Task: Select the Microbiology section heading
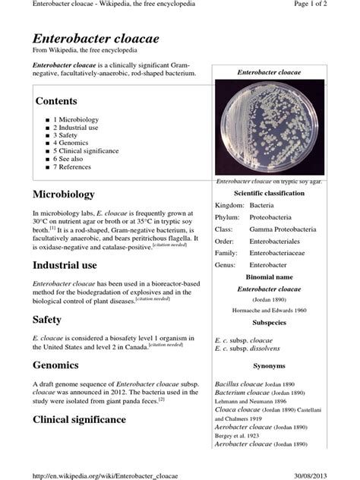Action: pyautogui.click(x=63, y=194)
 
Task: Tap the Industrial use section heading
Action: pyautogui.click(x=65, y=265)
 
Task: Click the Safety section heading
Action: pyautogui.click(x=47, y=320)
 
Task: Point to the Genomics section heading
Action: pyautogui.click(x=55, y=365)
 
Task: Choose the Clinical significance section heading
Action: pyautogui.click(x=79, y=419)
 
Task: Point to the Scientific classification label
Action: pyautogui.click(x=269, y=194)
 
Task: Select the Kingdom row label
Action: pyautogui.click(x=229, y=205)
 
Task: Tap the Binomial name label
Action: pyautogui.click(x=269, y=277)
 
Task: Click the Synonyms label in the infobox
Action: pyautogui.click(x=269, y=365)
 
